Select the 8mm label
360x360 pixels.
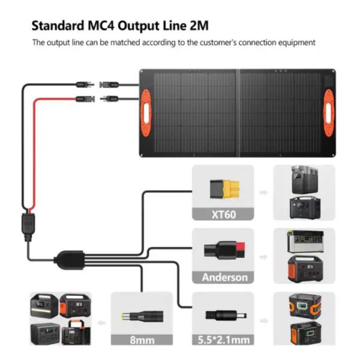[x=142, y=340]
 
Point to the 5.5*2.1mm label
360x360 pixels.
[x=223, y=340]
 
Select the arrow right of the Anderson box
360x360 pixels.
[x=262, y=256]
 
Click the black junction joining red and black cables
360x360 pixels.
[x=28, y=223]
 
